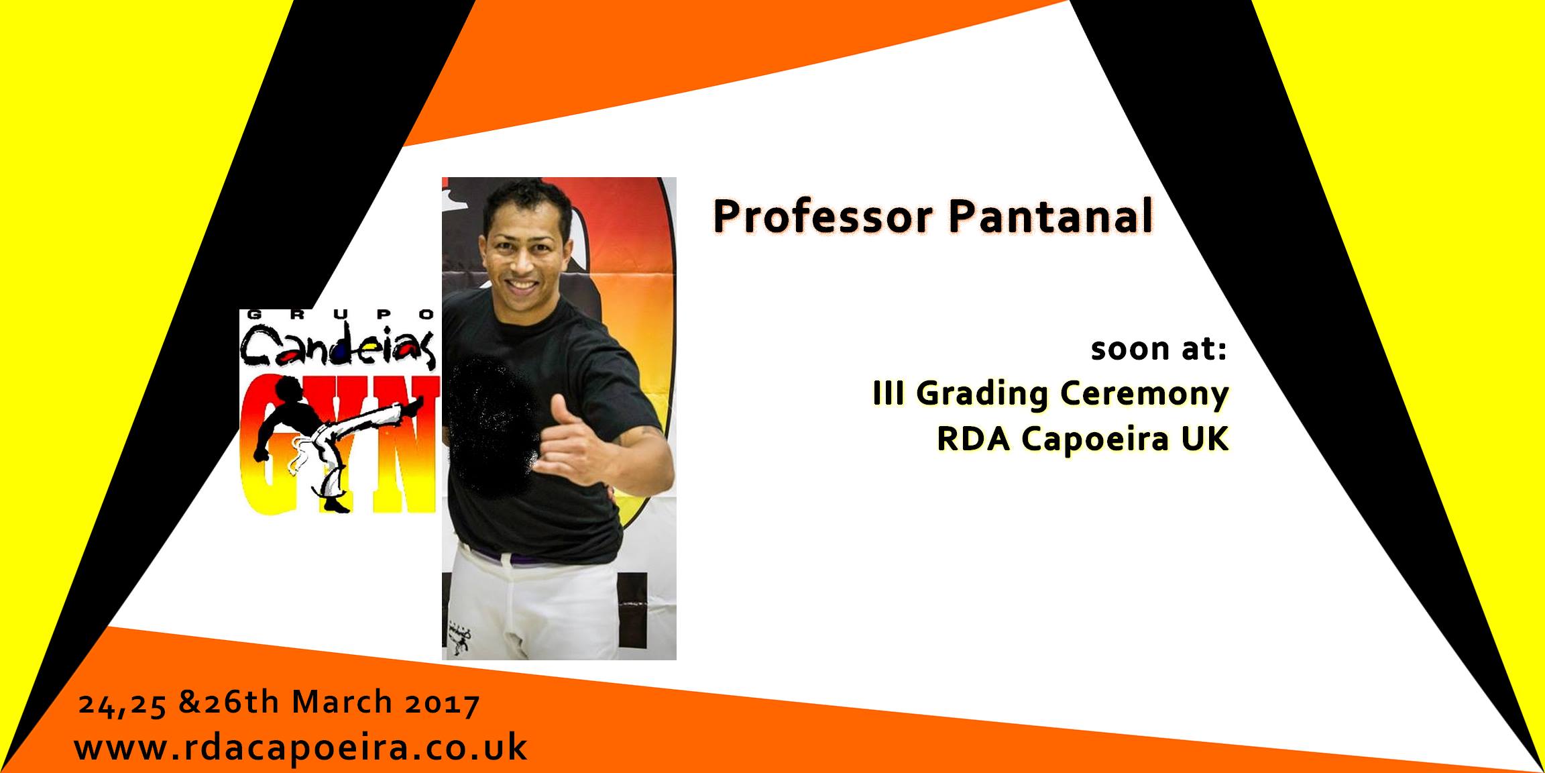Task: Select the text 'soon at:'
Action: tap(1158, 350)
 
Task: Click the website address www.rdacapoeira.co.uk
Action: tap(300, 746)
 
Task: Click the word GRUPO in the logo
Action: tap(339, 314)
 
